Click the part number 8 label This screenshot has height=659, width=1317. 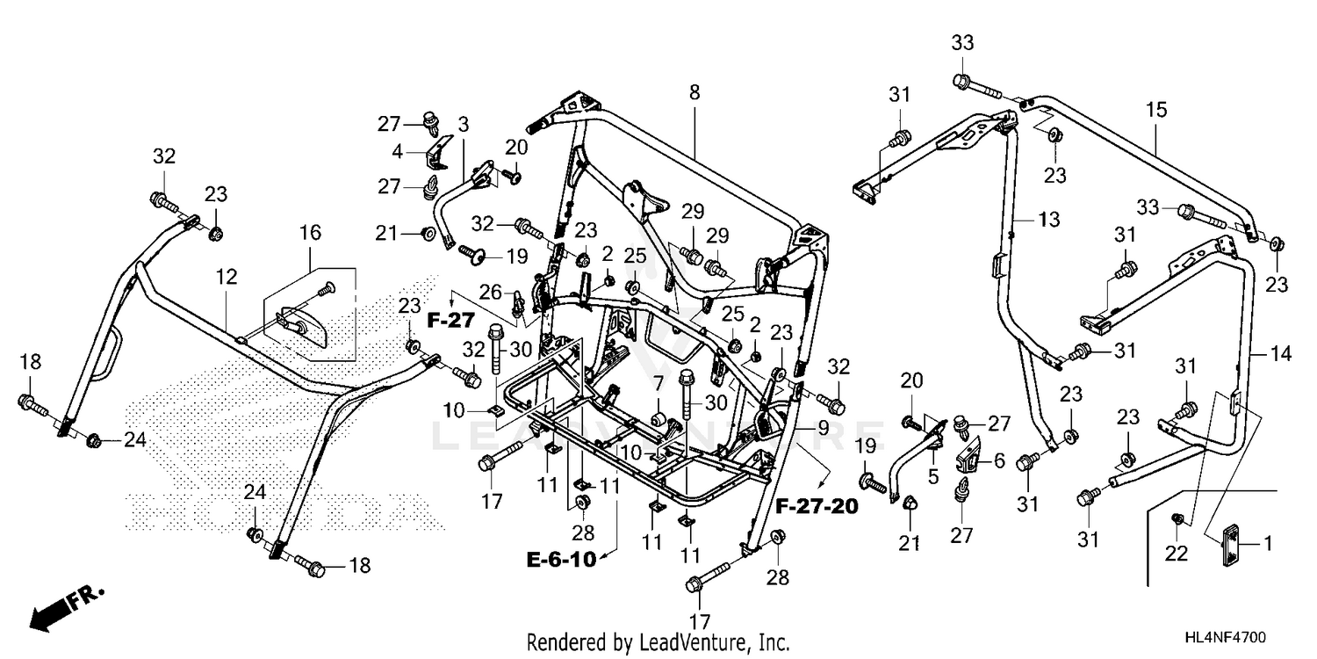[694, 91]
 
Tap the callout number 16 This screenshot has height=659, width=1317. [310, 233]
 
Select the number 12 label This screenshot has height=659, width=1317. [227, 277]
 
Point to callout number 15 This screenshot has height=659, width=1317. [1156, 110]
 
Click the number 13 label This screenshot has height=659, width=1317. [1049, 219]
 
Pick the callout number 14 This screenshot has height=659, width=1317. [1261, 354]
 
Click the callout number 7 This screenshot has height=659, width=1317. [657, 383]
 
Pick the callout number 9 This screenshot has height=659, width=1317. [823, 427]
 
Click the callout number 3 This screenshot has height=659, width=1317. [463, 123]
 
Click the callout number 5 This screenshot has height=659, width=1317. [932, 477]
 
